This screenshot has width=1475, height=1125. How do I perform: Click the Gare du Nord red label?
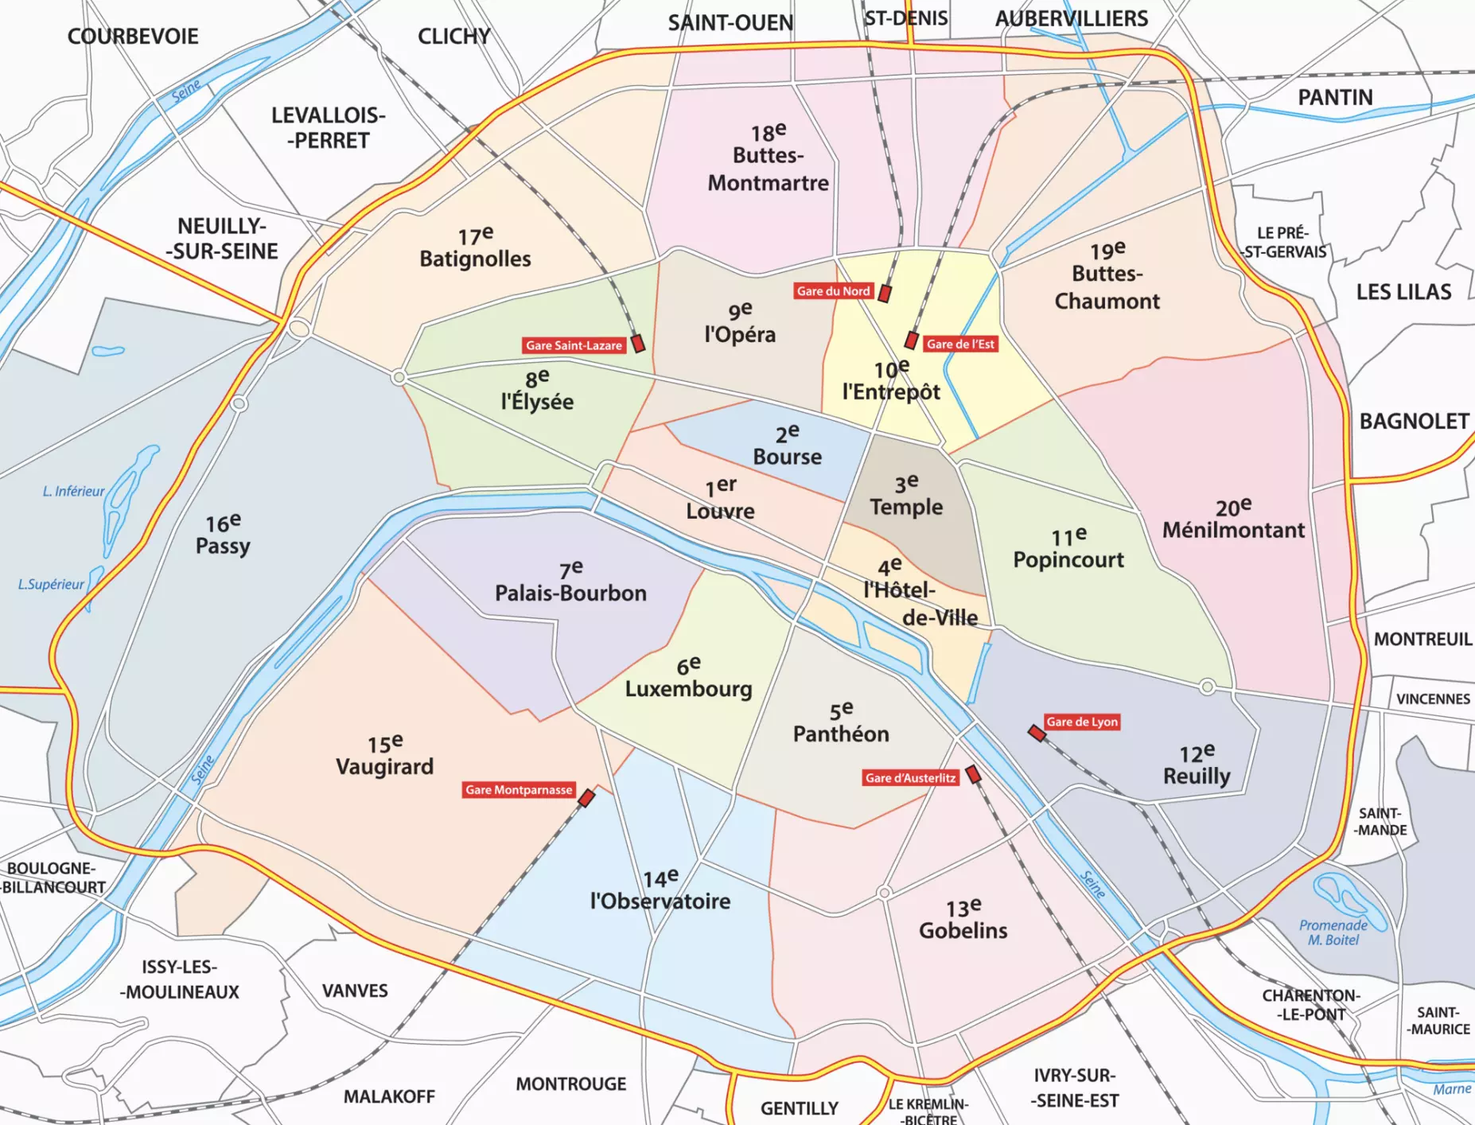(x=834, y=291)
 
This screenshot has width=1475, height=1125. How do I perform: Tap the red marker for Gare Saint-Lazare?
(x=638, y=344)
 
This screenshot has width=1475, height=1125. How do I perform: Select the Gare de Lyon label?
(x=1082, y=722)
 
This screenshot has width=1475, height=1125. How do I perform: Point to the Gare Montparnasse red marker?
(x=587, y=797)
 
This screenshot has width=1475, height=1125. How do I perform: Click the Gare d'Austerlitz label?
(x=910, y=778)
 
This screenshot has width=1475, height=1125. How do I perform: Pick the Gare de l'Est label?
(x=960, y=345)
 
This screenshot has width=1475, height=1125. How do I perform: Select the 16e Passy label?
(x=223, y=535)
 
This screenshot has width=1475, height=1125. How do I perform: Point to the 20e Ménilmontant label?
(x=1233, y=520)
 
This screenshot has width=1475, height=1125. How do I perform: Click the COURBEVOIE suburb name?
(x=133, y=37)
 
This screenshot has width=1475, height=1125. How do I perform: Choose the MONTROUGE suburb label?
(x=570, y=1084)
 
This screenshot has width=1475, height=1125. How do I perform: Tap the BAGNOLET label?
(x=1414, y=422)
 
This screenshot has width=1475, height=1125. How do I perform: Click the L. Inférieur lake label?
(x=73, y=492)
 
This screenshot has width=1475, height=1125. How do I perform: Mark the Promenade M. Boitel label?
(x=1333, y=932)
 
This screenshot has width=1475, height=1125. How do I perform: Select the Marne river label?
(x=1452, y=1089)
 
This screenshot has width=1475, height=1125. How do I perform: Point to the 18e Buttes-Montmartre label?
(x=768, y=158)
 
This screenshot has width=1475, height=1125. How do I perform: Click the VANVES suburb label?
(x=355, y=991)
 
